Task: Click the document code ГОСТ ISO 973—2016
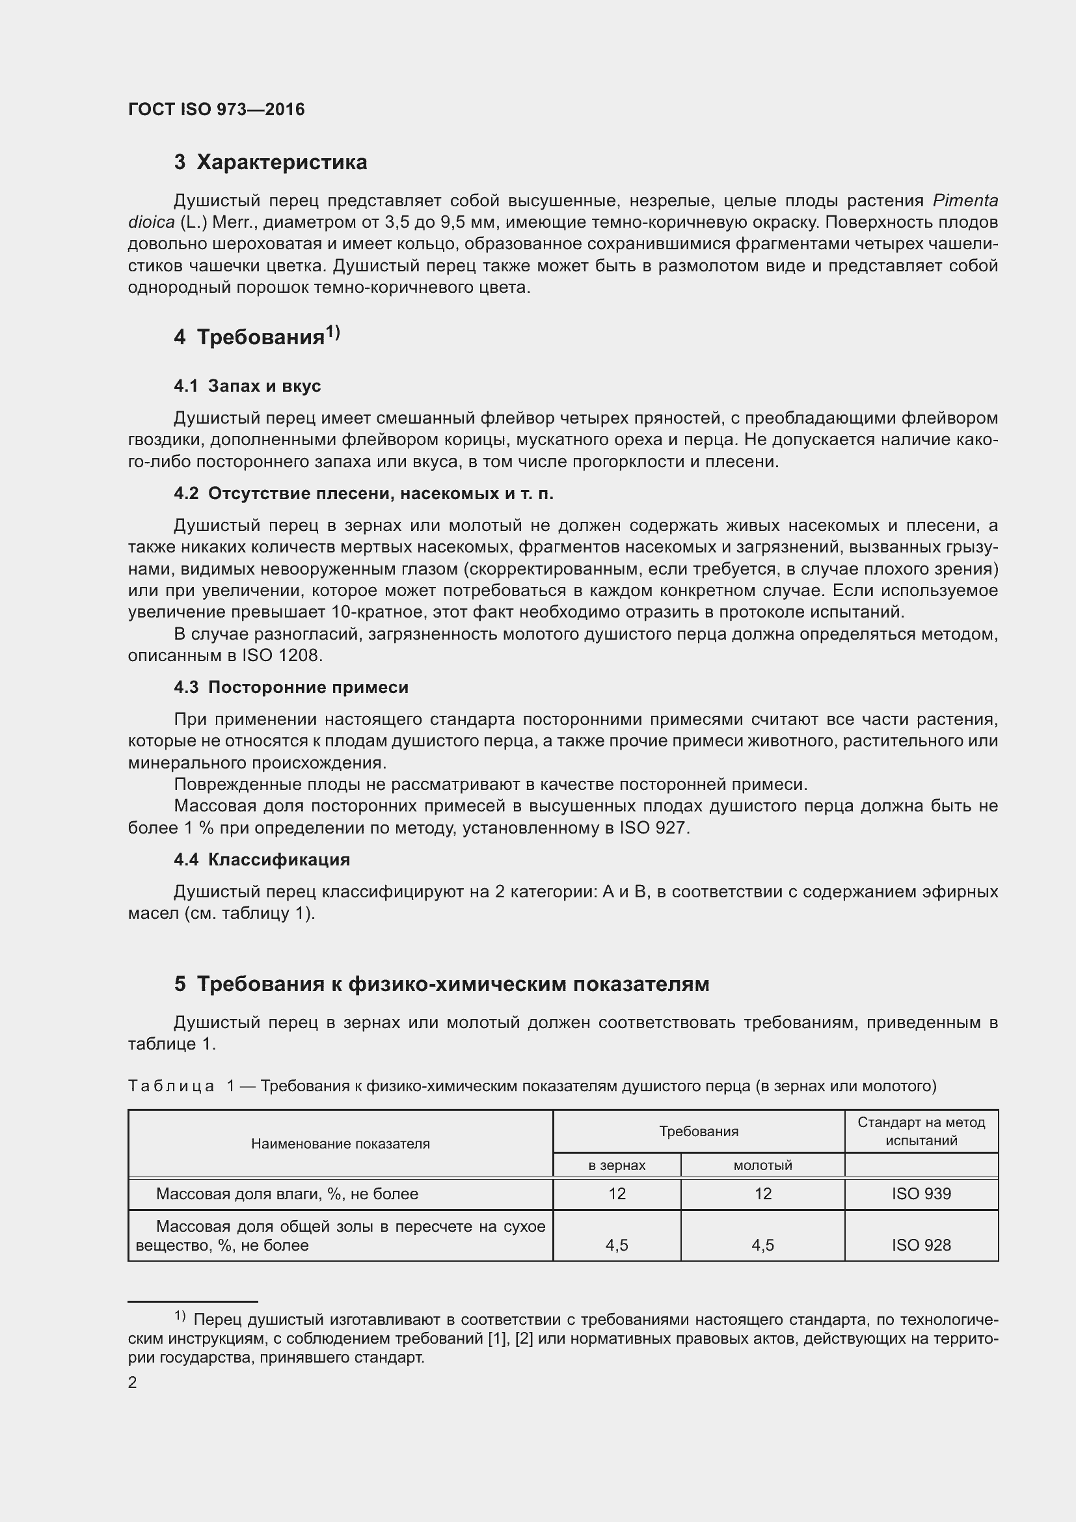216,109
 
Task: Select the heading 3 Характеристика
271,163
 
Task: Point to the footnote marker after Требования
332,333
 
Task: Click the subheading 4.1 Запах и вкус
247,386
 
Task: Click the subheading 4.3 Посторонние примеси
291,687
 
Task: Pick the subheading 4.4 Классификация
262,860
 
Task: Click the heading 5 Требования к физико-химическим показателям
441,985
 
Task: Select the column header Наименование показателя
340,1143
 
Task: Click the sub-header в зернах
616,1165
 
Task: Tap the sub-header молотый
762,1165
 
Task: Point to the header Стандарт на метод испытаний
921,1132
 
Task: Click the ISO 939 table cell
921,1194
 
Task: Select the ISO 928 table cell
921,1245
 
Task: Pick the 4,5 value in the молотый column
762,1245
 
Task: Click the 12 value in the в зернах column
617,1194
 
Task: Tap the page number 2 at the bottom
133,1382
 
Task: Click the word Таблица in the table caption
171,1087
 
